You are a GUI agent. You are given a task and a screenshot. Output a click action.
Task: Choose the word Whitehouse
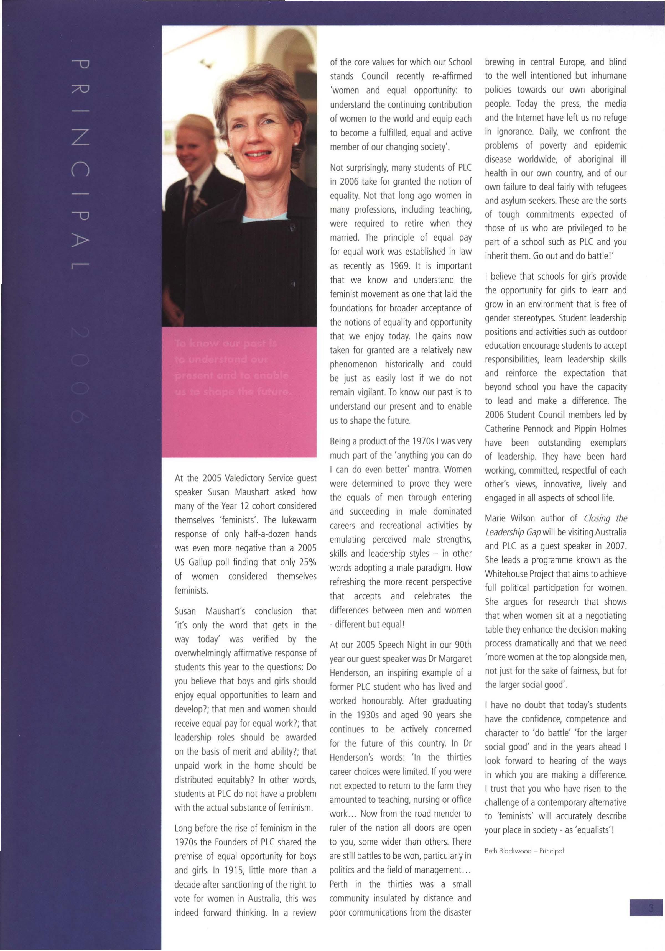[507, 574]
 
